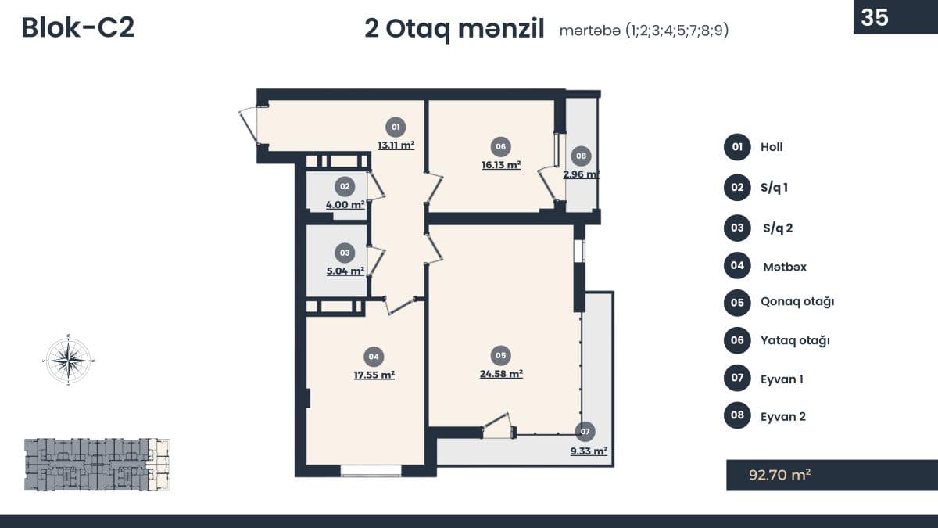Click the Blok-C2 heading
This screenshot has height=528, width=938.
pos(78,27)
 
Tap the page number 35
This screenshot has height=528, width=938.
pos(875,17)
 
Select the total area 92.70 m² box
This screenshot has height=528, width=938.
pos(832,475)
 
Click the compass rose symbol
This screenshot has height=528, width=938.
pos(68,360)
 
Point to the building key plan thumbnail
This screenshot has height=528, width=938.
pos(97,465)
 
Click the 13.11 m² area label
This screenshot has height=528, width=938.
pos(396,145)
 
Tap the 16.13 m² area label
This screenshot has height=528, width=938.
pos(501,165)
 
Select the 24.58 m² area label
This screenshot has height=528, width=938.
pos(501,374)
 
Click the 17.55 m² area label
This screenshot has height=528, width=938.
pos(374,375)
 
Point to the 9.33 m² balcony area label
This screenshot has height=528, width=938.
pos(589,451)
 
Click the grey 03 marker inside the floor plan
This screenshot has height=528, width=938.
pos(345,253)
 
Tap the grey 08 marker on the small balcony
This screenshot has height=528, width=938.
pos(581,156)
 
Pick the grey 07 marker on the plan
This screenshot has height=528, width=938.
pos(585,432)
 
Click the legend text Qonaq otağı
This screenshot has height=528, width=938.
pos(797,302)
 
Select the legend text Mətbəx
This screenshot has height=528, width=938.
pos(785,267)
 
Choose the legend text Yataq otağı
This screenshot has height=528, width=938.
pos(795,340)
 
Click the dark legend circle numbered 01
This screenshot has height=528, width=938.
pos(737,147)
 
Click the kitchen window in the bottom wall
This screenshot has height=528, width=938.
pos(371,471)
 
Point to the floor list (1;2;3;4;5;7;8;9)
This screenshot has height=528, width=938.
pos(677,31)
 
